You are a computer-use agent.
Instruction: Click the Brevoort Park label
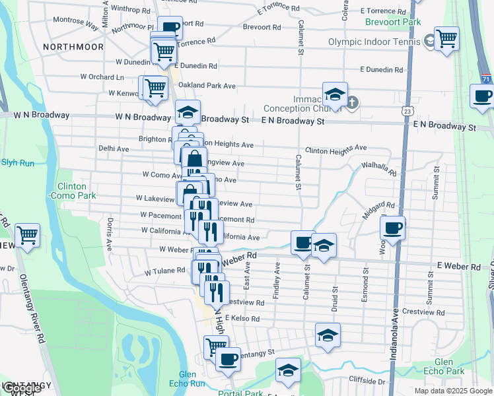(x=393, y=22)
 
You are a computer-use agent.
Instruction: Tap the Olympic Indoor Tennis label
(x=374, y=42)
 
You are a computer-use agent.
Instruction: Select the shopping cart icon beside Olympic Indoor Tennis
(x=446, y=39)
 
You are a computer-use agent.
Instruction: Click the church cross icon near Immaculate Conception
(x=353, y=102)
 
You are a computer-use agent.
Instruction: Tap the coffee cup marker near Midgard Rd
(x=393, y=228)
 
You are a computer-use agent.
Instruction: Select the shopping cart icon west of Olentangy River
(x=27, y=236)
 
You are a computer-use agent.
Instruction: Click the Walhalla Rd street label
(x=378, y=169)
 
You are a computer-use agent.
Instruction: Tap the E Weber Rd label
(x=459, y=267)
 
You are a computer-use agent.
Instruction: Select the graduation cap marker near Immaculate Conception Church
(x=335, y=94)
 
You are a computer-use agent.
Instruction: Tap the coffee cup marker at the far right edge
(x=482, y=96)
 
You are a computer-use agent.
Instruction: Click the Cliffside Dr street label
(x=363, y=381)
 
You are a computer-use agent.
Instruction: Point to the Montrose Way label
(x=75, y=24)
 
